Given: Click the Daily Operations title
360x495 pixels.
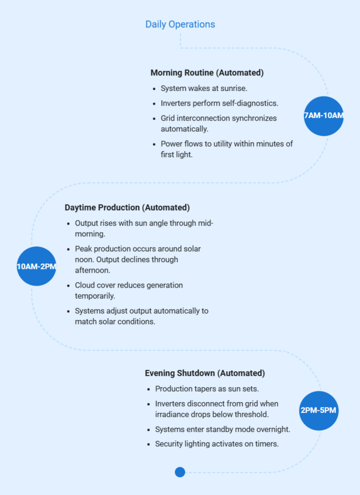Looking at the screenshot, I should click(180, 24).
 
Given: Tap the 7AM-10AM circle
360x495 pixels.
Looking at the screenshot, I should click(323, 116).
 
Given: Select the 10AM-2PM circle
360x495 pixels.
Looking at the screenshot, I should click(37, 266).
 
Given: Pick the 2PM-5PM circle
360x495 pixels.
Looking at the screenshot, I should click(318, 410).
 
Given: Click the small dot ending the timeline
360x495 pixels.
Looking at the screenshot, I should click(180, 472).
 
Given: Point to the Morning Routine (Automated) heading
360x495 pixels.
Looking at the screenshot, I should click(207, 73).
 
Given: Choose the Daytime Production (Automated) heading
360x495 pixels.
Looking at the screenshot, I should click(127, 207).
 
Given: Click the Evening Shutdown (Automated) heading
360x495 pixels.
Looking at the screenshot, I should click(205, 373).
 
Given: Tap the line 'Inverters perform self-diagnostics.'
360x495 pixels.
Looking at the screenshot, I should click(220, 103).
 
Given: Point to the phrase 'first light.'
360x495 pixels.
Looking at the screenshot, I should click(177, 155).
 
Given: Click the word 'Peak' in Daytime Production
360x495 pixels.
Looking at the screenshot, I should click(84, 248).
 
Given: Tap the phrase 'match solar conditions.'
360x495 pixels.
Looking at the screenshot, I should click(115, 321).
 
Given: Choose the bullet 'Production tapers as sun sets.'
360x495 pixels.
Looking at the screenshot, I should click(207, 389).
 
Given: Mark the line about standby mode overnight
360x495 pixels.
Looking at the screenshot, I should click(222, 429).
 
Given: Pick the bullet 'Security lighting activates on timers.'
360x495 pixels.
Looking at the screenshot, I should click(216, 444).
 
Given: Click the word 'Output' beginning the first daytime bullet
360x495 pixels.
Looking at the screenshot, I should click(87, 223).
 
